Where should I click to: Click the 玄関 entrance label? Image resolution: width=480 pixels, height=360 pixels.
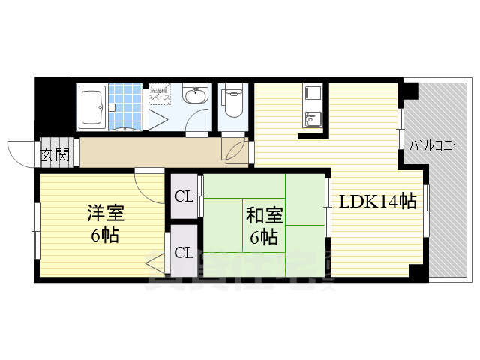click(55, 155)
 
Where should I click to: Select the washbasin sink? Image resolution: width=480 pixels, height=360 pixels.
click(196, 96)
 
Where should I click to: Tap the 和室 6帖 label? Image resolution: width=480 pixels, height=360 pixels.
click(264, 226)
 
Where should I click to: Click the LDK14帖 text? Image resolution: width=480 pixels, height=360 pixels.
click(378, 201)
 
